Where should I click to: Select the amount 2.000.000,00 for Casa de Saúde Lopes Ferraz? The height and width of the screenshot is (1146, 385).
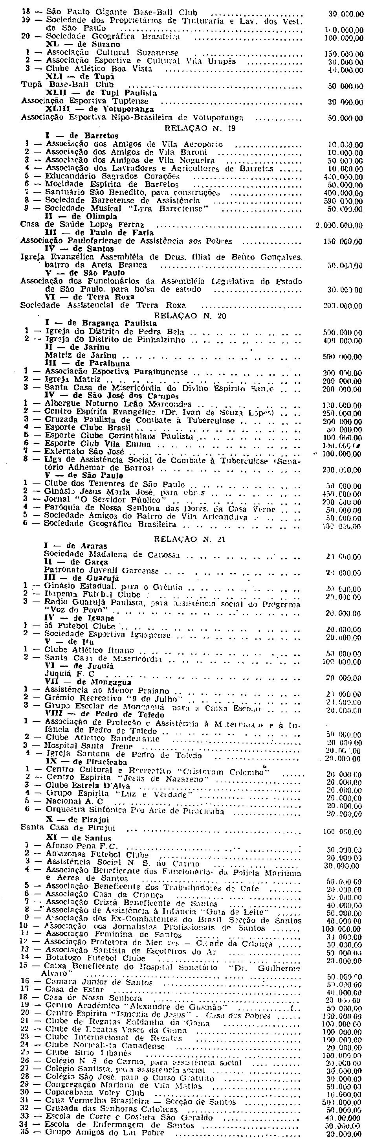tap(339, 226)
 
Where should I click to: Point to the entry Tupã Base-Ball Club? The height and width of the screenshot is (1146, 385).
tap(68, 85)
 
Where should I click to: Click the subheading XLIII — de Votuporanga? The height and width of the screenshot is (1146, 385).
tap(100, 109)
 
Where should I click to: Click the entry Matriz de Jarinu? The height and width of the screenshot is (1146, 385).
tap(81, 356)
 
